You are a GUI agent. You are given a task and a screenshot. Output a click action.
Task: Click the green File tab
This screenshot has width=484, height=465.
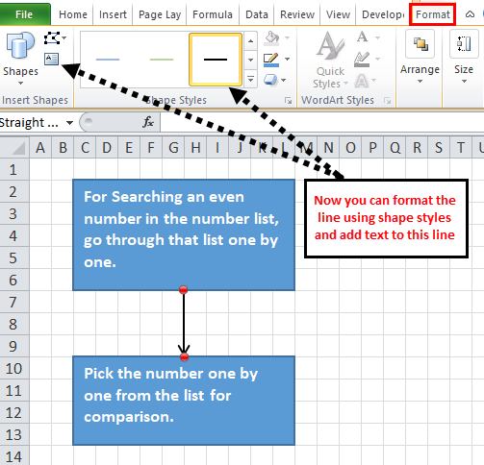click(x=25, y=14)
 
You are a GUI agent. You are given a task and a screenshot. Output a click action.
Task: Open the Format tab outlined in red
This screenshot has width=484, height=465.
click(x=432, y=14)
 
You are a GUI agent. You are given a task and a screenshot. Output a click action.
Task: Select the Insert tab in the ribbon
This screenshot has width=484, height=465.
click(x=113, y=14)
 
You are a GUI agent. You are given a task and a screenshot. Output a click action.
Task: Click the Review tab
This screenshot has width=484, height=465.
click(x=297, y=14)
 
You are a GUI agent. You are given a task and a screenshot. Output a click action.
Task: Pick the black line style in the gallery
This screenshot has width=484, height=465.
click(x=216, y=60)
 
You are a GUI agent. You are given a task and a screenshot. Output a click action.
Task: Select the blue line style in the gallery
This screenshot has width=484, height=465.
click(x=108, y=60)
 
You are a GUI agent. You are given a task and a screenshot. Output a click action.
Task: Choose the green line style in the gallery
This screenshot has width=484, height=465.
click(x=162, y=60)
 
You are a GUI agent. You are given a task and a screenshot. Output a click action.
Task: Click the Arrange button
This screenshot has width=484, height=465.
click(x=420, y=57)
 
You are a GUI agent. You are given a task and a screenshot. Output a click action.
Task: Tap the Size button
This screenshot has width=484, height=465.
click(x=464, y=57)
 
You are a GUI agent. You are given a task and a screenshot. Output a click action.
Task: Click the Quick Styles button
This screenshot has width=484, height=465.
click(x=330, y=61)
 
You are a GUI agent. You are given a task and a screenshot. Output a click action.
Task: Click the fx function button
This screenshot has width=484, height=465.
click(x=148, y=122)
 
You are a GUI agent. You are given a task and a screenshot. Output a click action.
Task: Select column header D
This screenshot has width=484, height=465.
click(x=107, y=148)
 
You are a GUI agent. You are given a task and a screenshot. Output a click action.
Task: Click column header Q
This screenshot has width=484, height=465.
click(x=395, y=148)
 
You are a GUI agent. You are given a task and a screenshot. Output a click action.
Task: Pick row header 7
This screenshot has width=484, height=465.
click(x=13, y=302)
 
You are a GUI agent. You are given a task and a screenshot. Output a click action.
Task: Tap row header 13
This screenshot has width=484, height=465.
click(x=13, y=435)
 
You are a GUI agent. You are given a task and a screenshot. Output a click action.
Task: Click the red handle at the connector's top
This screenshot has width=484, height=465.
click(x=184, y=290)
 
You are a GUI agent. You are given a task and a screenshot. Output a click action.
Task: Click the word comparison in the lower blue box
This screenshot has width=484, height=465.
click(x=129, y=417)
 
